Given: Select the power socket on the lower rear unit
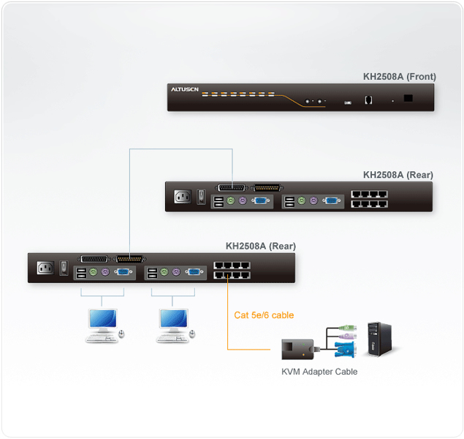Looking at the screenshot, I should (45, 268).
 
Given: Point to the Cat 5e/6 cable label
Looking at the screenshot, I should (264, 315).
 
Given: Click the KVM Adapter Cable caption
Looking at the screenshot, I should (319, 372).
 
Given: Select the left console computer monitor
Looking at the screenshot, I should (101, 320).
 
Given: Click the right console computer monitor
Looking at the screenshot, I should (173, 320).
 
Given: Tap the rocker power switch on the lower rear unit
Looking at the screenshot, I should (64, 269).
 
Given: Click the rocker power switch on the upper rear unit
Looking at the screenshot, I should (201, 197).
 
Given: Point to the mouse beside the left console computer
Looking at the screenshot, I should (121, 334).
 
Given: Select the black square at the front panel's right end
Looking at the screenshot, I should (408, 98).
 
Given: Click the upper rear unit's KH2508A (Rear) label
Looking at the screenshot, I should (398, 175).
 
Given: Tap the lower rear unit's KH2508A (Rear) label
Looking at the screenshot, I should (261, 246).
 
